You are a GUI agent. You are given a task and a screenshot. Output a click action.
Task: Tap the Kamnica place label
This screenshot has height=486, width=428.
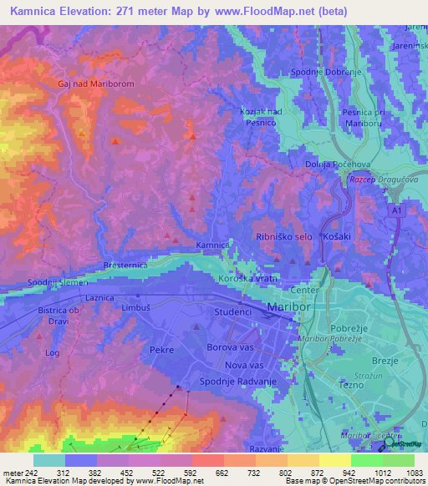pyautogui.click(x=212, y=245)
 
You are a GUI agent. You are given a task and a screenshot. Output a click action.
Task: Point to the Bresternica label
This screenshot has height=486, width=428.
pyautogui.click(x=125, y=265)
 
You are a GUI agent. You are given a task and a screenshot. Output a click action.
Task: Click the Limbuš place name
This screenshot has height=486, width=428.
pyautogui.click(x=135, y=309)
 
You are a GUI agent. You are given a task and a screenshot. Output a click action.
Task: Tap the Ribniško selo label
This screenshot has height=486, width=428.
pyautogui.click(x=284, y=237)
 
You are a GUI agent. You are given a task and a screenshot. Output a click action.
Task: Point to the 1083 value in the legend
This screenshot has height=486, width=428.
pyautogui.click(x=414, y=472)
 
